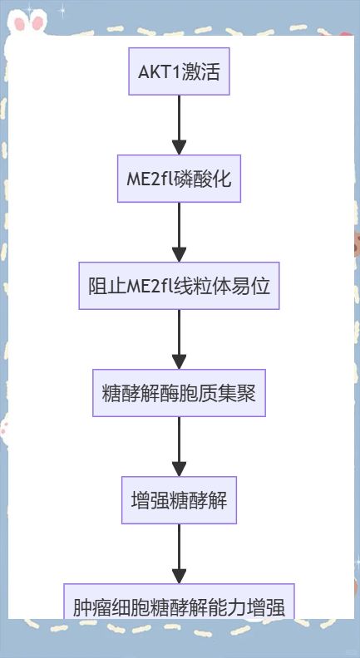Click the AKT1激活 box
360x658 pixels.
179,71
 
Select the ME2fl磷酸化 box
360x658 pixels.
179,179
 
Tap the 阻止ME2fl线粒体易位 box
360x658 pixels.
179,286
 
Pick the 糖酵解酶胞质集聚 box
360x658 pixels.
179,393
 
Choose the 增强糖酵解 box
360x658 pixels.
179,500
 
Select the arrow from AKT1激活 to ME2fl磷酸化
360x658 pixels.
179,125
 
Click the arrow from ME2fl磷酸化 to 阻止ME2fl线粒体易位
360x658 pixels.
179,232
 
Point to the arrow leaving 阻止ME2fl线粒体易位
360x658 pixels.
179,340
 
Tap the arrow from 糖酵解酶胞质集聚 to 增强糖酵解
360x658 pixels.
179,446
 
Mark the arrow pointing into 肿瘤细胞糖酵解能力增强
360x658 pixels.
179,554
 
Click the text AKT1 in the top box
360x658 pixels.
159,72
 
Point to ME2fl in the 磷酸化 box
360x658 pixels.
148,179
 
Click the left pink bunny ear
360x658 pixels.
20,23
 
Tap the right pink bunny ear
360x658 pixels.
37,23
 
